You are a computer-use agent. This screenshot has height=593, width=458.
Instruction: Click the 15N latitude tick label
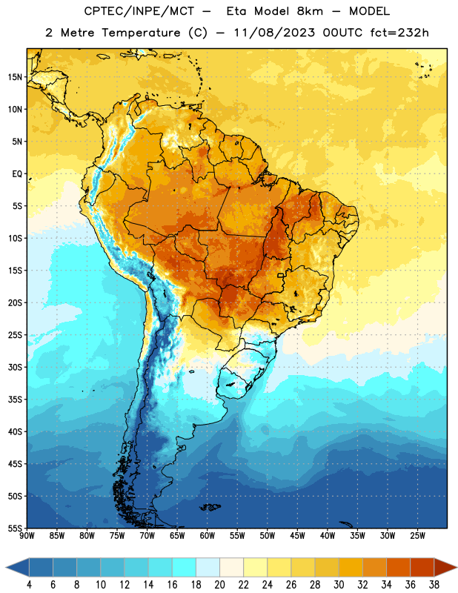(15, 77)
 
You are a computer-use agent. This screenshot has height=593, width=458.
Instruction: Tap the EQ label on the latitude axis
(17, 174)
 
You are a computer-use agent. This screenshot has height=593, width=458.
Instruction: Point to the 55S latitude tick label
(15, 528)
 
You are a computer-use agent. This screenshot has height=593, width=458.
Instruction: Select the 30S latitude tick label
(15, 367)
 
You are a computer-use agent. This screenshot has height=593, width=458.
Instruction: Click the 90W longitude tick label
(27, 536)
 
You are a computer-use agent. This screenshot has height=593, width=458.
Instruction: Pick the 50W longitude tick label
(268, 536)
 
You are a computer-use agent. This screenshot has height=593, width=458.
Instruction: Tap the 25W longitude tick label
(417, 536)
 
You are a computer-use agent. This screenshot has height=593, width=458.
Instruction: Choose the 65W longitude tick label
(177, 536)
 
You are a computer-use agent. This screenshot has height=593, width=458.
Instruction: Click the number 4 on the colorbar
(29, 585)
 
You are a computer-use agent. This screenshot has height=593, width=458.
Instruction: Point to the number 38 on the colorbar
(434, 585)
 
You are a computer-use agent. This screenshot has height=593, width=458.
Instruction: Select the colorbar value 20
(219, 585)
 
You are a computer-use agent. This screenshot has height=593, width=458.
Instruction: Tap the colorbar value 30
(339, 585)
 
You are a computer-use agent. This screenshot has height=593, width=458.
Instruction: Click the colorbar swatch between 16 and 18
(185, 567)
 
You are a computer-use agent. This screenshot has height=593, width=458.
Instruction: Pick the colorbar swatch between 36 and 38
(422, 567)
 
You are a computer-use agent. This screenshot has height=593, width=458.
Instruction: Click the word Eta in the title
(236, 11)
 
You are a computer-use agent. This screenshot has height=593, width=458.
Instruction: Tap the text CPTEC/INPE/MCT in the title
(139, 11)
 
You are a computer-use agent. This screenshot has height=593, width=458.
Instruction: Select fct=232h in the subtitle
(399, 33)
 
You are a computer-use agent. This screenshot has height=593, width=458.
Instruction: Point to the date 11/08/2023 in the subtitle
(274, 33)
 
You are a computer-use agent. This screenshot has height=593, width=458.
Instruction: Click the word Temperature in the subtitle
(141, 33)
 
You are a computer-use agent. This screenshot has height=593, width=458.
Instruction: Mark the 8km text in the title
(310, 11)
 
